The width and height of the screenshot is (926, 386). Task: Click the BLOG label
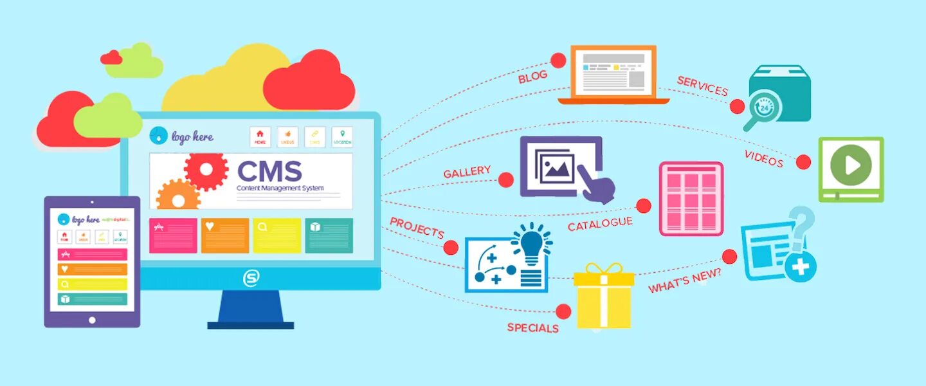(532, 77)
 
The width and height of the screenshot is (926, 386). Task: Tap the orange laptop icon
(613, 75)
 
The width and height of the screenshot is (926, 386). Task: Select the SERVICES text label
(702, 86)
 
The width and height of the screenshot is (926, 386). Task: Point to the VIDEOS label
(764, 158)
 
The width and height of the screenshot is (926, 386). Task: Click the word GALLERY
(468, 172)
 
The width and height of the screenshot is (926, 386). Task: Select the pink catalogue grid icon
(691, 198)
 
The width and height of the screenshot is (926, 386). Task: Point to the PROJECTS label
(417, 228)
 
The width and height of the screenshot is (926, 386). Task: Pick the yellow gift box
(603, 297)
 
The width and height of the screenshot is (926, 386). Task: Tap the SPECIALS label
(532, 327)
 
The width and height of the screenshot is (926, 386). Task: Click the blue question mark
(801, 225)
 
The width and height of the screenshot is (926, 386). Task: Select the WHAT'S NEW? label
(684, 280)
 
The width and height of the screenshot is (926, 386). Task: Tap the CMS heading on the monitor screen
(269, 171)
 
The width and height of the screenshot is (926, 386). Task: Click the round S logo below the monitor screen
(251, 279)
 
